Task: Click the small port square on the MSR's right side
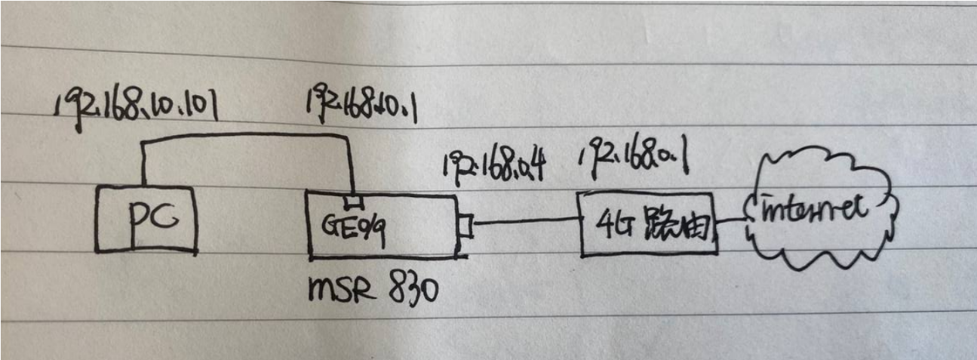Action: coord(465,226)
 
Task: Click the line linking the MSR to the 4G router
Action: coord(525,222)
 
